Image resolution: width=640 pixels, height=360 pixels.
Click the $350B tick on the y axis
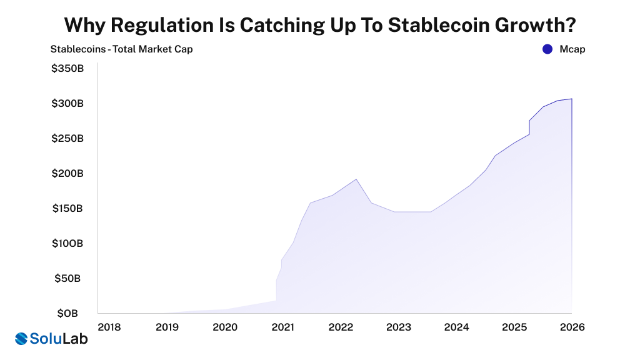point(67,68)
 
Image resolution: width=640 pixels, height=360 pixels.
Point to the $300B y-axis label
point(67,103)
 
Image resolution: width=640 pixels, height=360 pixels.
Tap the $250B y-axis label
point(67,138)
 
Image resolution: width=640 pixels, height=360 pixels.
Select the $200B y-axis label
point(67,173)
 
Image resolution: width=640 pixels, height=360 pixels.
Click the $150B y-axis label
point(67,208)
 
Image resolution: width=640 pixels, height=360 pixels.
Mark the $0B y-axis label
point(69,313)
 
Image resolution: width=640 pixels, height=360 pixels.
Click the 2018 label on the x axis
point(109,327)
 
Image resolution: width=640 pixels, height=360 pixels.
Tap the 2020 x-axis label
point(225,327)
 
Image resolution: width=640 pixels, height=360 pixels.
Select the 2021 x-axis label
point(283,327)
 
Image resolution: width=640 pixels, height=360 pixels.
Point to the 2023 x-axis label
point(399,327)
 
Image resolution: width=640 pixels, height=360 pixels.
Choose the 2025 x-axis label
point(514,327)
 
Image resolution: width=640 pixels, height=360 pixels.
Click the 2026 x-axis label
point(572,327)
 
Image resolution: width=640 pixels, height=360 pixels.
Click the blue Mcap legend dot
point(547,49)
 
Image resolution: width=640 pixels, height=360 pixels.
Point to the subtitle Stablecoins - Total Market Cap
point(121,49)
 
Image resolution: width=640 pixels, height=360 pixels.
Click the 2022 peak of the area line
point(356,179)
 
